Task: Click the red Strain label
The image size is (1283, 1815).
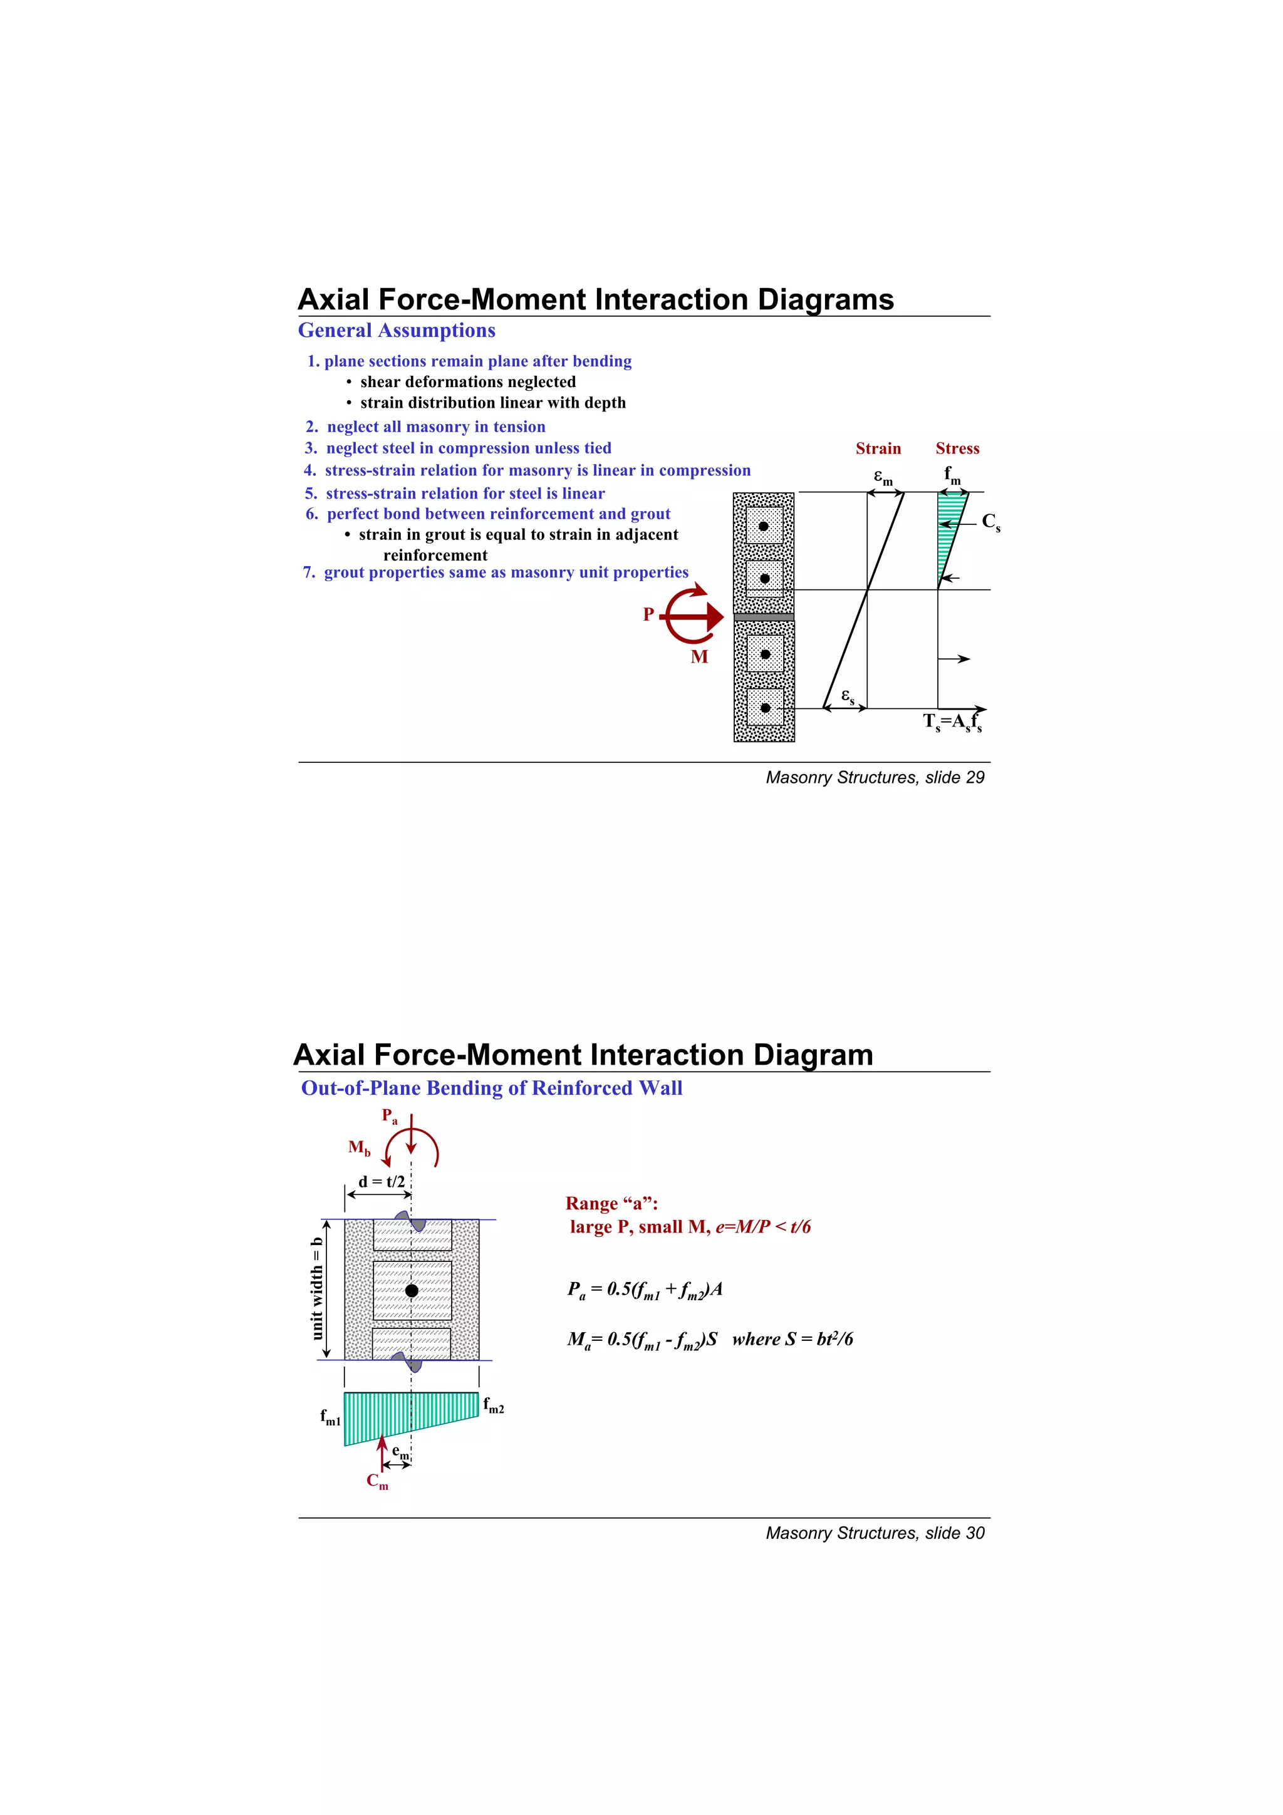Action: (878, 448)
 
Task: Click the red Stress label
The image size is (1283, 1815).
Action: (957, 448)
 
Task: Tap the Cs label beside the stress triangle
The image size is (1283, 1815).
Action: (990, 522)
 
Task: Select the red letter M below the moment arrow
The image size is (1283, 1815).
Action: (699, 657)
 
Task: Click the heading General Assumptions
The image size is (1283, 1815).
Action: (396, 331)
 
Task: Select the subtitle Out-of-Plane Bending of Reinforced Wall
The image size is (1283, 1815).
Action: (491, 1088)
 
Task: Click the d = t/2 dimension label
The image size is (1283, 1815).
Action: (381, 1182)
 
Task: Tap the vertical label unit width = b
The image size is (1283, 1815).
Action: (317, 1288)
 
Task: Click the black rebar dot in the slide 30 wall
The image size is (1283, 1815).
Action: (411, 1290)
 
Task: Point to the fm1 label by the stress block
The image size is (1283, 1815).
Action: (330, 1417)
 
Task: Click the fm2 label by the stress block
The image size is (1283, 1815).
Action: (493, 1405)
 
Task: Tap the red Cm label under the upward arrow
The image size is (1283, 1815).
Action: (377, 1481)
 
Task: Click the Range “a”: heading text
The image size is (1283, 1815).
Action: (611, 1203)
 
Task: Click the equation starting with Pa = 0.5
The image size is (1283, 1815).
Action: (644, 1290)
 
